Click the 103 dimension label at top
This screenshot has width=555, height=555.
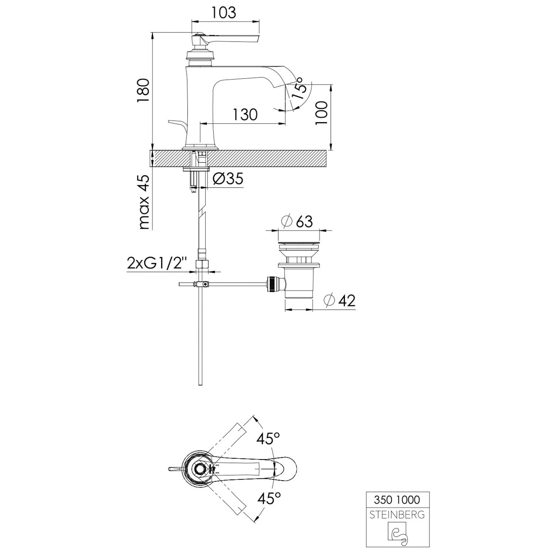[x=224, y=13]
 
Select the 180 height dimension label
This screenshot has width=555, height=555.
[x=143, y=91]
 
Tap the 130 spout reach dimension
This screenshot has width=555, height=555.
[x=245, y=115]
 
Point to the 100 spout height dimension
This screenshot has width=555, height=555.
[x=322, y=113]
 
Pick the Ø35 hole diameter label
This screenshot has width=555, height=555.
[x=228, y=179]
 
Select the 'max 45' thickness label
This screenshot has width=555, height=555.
[x=144, y=202]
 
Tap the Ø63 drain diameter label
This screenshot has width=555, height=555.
[x=297, y=222]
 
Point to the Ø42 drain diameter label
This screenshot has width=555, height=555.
[x=339, y=300]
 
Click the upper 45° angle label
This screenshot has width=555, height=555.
[x=269, y=439]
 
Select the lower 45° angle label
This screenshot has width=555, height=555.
[x=269, y=498]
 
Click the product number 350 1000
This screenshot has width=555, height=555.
[x=397, y=500]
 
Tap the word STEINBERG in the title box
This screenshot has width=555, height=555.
[x=397, y=515]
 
